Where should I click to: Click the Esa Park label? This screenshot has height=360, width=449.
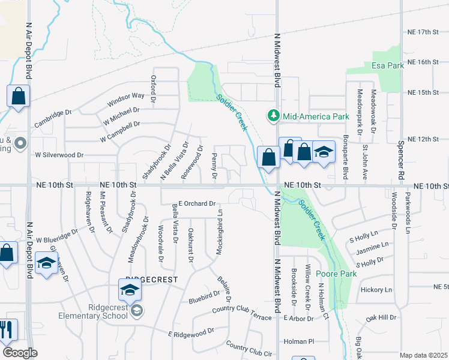[x=387, y=65]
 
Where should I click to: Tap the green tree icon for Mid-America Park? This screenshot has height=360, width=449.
[x=273, y=115]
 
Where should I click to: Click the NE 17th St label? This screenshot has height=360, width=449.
[x=423, y=31]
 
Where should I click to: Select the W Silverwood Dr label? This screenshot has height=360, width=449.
[x=59, y=155]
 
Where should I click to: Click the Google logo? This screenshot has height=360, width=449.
[x=20, y=352]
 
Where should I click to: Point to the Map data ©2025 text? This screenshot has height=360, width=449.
[x=423, y=355]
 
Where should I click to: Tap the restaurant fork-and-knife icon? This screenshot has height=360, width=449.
[x=6, y=330]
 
